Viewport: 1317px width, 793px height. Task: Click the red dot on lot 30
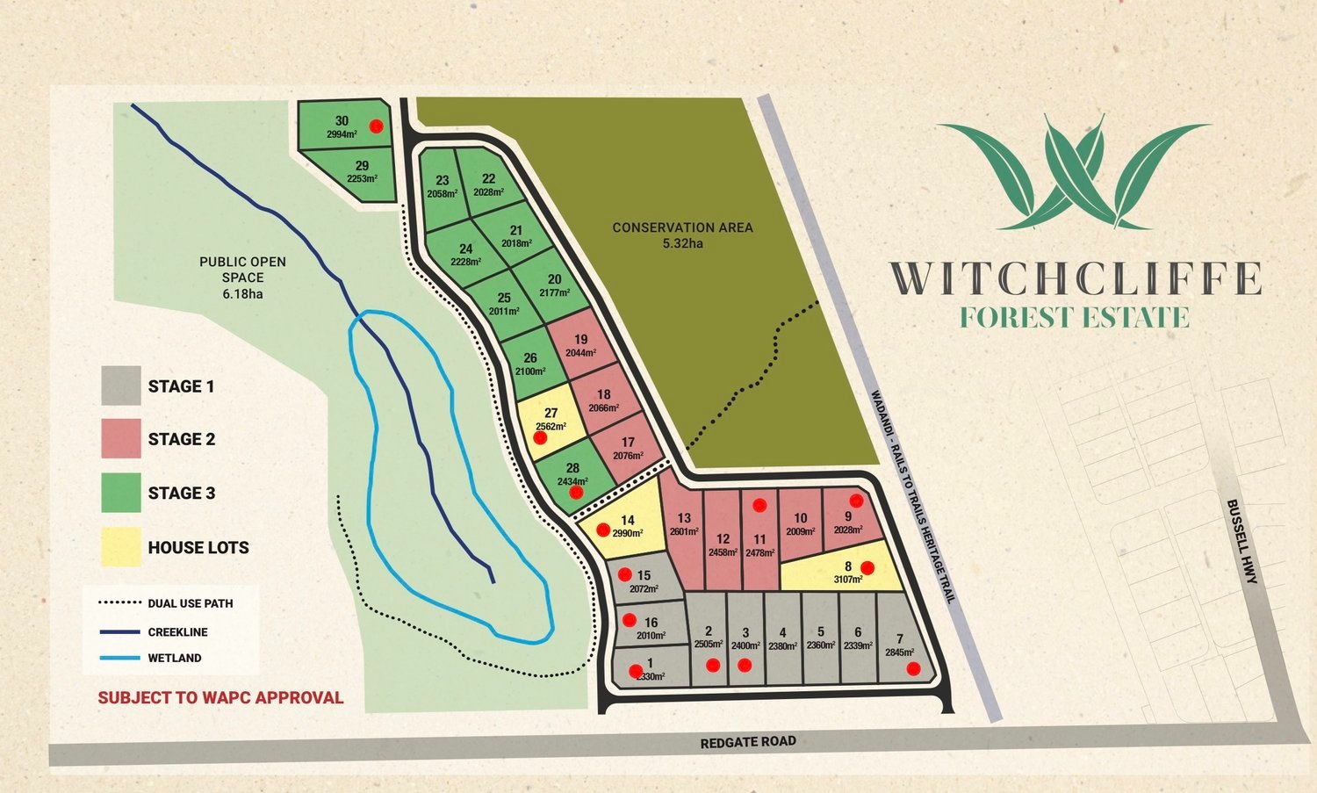click(x=376, y=126)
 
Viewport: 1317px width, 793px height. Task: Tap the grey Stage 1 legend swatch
click(x=121, y=386)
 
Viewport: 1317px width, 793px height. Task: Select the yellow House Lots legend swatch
click(x=121, y=546)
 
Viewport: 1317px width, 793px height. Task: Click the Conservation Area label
click(x=682, y=234)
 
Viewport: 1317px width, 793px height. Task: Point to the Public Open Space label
click(x=242, y=277)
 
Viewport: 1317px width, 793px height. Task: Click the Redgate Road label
click(x=748, y=742)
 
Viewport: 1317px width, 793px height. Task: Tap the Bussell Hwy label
click(x=1242, y=541)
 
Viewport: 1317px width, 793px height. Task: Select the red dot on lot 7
click(x=913, y=669)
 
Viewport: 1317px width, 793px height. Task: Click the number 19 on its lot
click(x=580, y=339)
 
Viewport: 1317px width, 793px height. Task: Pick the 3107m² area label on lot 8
click(x=847, y=580)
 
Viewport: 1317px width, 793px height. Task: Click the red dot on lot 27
click(x=540, y=437)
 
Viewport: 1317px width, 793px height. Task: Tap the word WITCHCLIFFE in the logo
click(x=1076, y=278)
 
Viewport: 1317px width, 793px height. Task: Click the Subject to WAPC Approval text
click(x=220, y=698)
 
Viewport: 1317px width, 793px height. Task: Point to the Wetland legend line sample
click(x=119, y=658)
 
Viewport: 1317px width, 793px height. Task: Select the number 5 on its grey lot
click(x=820, y=631)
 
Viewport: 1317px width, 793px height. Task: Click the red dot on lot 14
click(x=603, y=530)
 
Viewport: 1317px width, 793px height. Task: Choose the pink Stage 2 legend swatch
click(x=121, y=439)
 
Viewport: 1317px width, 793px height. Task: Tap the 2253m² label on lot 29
click(x=362, y=178)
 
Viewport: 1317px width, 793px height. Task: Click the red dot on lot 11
click(x=759, y=505)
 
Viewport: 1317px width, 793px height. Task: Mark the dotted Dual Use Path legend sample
click(x=119, y=603)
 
